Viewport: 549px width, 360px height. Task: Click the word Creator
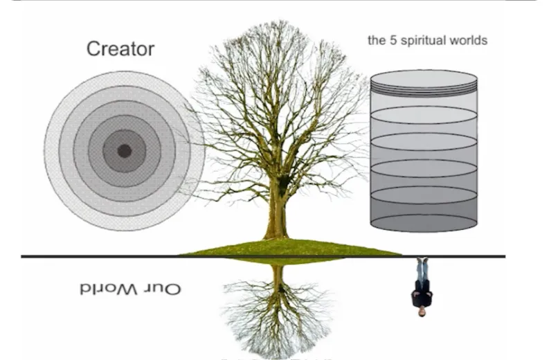[120, 49]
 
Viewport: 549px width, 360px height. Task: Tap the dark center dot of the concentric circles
[125, 150]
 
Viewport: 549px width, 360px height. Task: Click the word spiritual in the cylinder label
[422, 40]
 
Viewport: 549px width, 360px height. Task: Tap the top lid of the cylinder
[424, 78]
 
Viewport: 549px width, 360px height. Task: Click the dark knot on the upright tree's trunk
[283, 181]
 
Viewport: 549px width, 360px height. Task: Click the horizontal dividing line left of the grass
[97, 256]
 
